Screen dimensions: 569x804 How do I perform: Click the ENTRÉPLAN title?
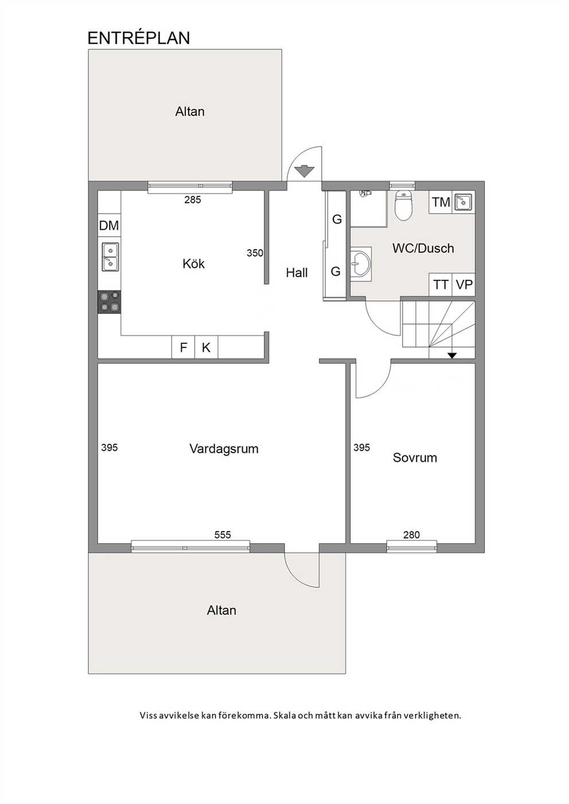tap(139, 38)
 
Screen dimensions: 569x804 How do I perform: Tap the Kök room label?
tap(194, 264)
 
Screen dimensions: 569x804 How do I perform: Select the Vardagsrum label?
tap(224, 449)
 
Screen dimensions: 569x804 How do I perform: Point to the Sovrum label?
tap(415, 458)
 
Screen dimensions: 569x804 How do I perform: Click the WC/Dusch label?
tap(423, 248)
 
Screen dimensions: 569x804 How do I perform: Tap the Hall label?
tap(297, 273)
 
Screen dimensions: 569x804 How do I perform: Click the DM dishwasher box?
tap(109, 225)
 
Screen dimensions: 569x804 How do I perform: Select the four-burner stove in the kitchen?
tap(109, 302)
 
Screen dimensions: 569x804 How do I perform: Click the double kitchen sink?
tap(110, 257)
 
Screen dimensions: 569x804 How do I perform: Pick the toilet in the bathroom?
tap(404, 205)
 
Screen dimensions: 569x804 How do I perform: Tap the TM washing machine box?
tap(441, 202)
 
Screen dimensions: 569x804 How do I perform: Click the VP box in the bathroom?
tap(464, 285)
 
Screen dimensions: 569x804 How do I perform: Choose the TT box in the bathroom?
tap(441, 285)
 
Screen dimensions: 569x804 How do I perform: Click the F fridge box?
tap(183, 347)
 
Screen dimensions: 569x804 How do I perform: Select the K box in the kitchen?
tap(206, 347)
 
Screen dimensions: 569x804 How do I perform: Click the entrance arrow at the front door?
tap(304, 171)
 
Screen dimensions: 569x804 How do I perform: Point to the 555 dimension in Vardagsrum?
tap(223, 535)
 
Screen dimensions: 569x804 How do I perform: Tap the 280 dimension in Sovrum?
tap(411, 535)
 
